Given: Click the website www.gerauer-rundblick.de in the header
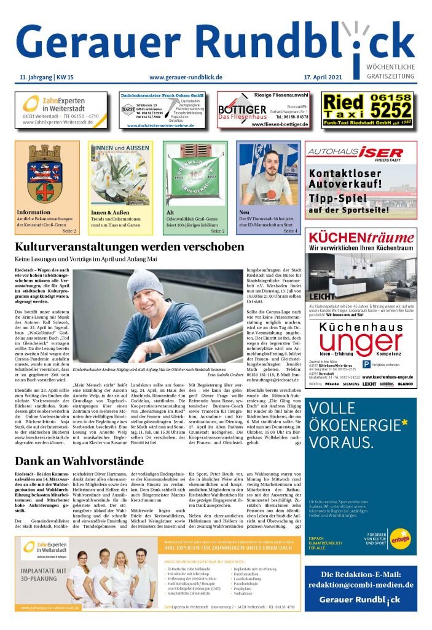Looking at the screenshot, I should pos(186,77).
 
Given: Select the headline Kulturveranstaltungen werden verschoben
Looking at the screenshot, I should pos(130,247).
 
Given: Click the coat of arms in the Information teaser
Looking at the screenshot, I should pos(47,175).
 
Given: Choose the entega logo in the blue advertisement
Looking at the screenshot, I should pos(398,539).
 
